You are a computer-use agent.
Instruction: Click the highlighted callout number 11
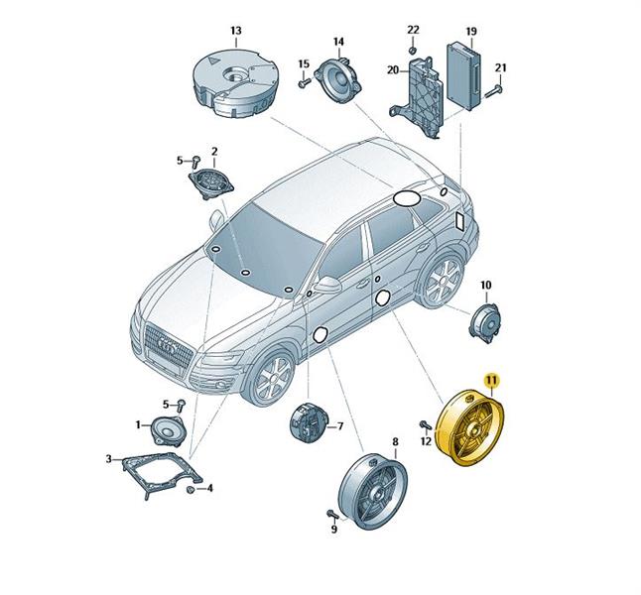[x=491, y=380]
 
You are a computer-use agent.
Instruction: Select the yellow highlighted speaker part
[x=470, y=427]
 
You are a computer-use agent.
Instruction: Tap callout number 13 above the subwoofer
[x=236, y=31]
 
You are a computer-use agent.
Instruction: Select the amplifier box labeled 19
[x=466, y=76]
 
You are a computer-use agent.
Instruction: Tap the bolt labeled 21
[x=494, y=91]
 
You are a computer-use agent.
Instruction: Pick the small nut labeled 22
[x=413, y=51]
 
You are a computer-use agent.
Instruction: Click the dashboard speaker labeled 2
[x=210, y=183]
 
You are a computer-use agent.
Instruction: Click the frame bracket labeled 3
[x=162, y=475]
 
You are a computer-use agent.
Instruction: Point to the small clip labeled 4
[x=191, y=490]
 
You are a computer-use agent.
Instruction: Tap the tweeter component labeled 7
[x=309, y=422]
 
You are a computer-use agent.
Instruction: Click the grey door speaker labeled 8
[x=373, y=490]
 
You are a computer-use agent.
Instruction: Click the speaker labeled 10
[x=485, y=323]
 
